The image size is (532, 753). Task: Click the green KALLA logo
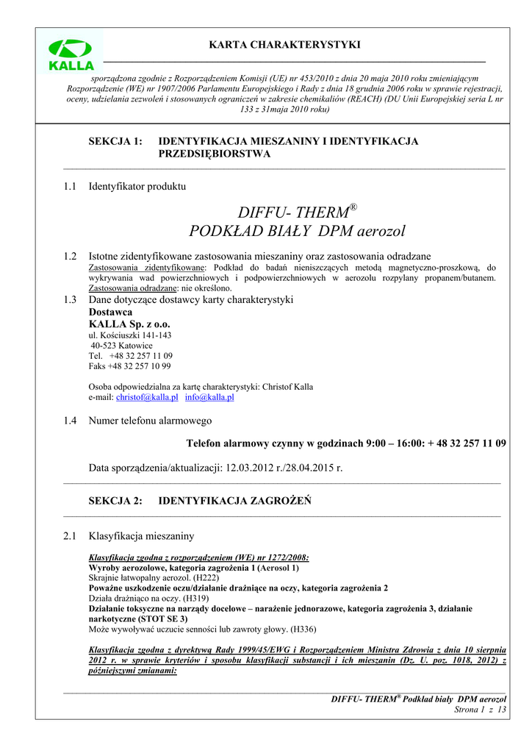point(71,54)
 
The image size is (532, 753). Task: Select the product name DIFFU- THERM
point(292,212)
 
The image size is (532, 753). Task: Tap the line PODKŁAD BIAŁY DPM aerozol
point(297,232)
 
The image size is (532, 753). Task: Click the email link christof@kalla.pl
point(147,397)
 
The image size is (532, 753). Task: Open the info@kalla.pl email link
point(209,397)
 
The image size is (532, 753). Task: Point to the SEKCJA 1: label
point(115,141)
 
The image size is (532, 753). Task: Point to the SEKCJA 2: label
point(115,501)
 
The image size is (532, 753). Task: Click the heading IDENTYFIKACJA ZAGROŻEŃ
point(235,501)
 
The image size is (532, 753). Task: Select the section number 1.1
point(71,187)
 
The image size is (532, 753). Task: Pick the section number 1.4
point(71,421)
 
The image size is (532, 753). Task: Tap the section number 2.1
point(71,536)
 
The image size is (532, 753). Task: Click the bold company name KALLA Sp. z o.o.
point(129,324)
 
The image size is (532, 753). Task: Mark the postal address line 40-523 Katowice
point(121,345)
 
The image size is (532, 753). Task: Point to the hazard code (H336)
point(303,629)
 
